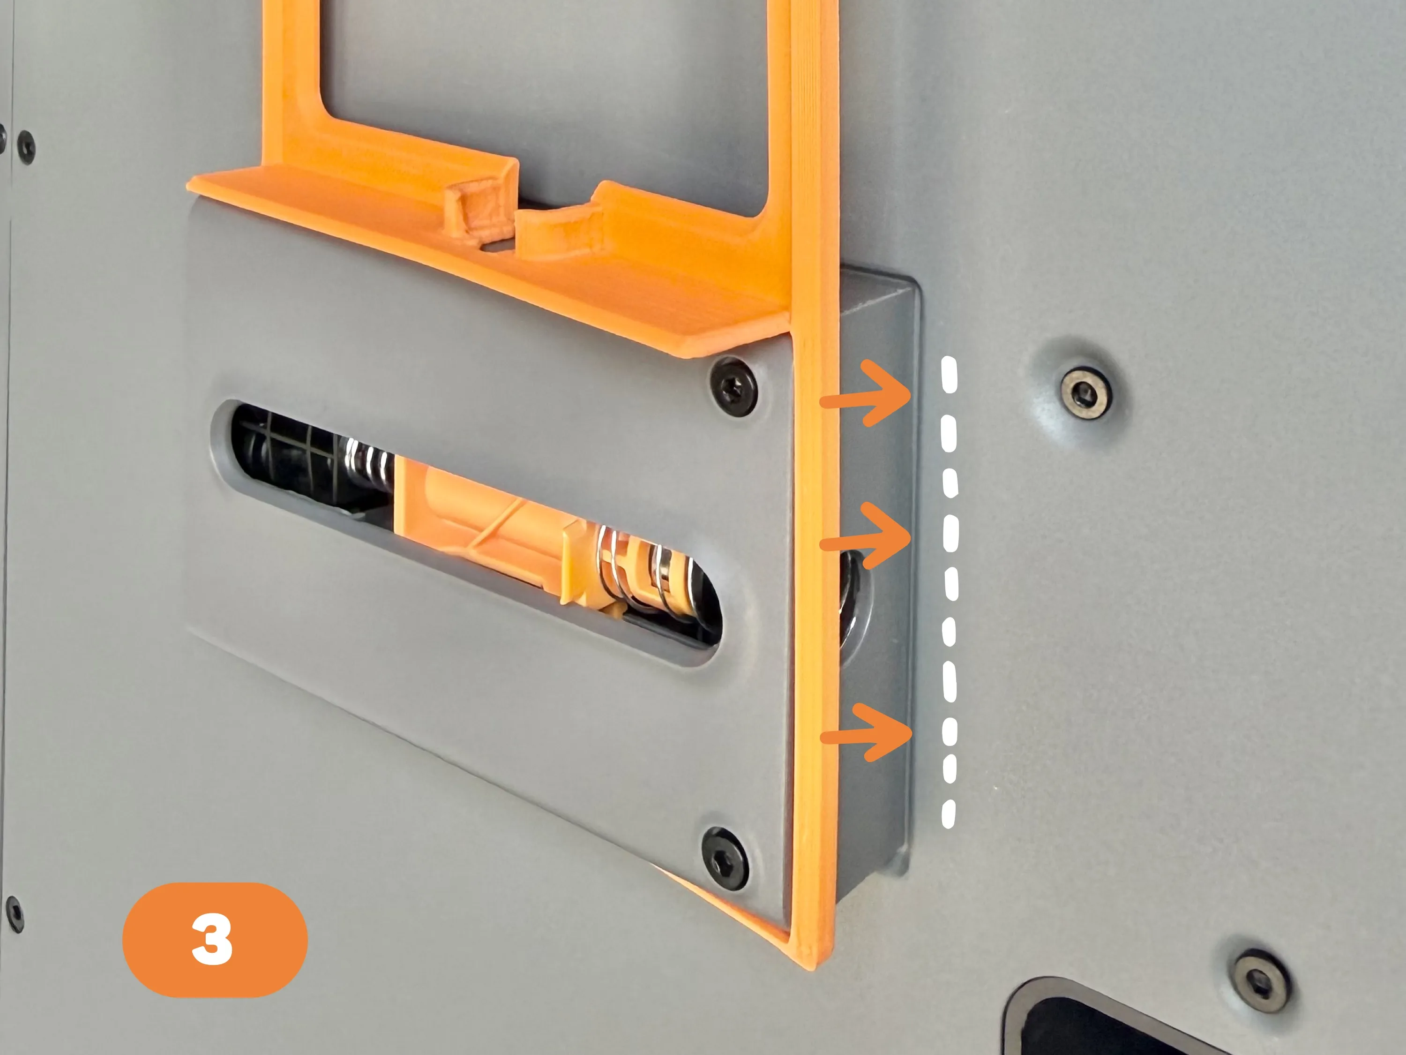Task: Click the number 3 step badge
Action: tap(215, 939)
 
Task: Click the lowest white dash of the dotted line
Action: tap(949, 814)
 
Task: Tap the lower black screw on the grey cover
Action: tap(725, 859)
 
